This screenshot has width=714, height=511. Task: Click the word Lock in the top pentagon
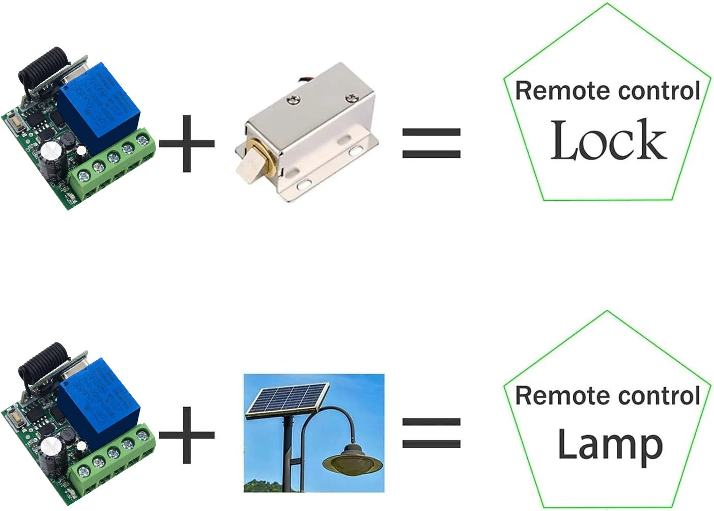(608, 140)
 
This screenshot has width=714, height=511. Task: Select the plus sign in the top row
(187, 143)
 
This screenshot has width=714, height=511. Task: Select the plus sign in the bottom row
(187, 435)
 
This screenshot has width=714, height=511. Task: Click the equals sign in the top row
(431, 143)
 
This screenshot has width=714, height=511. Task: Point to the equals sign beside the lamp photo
(431, 433)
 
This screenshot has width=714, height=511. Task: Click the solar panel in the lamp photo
(288, 401)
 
